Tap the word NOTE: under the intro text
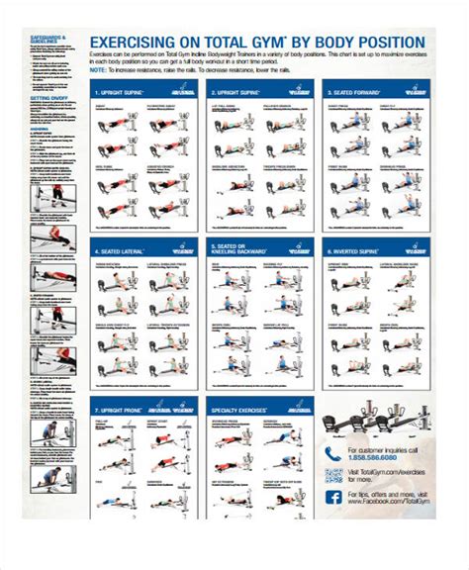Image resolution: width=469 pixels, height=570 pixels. click(x=97, y=70)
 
